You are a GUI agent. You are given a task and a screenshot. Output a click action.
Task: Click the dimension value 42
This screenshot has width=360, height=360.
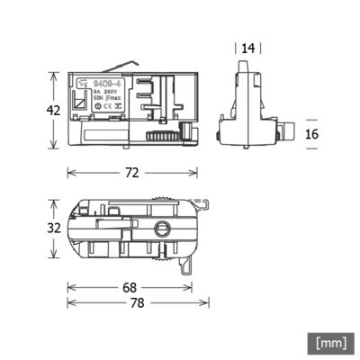[53, 111]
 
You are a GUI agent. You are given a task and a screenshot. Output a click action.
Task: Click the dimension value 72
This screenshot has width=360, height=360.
[132, 172]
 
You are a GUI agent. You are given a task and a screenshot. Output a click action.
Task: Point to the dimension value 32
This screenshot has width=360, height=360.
[53, 228]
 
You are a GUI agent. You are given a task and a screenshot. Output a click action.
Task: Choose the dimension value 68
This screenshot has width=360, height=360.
[130, 288]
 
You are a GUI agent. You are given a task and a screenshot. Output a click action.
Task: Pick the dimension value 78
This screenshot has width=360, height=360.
[136, 304]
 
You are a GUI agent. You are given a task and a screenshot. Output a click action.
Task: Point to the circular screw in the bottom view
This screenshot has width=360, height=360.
[164, 229]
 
